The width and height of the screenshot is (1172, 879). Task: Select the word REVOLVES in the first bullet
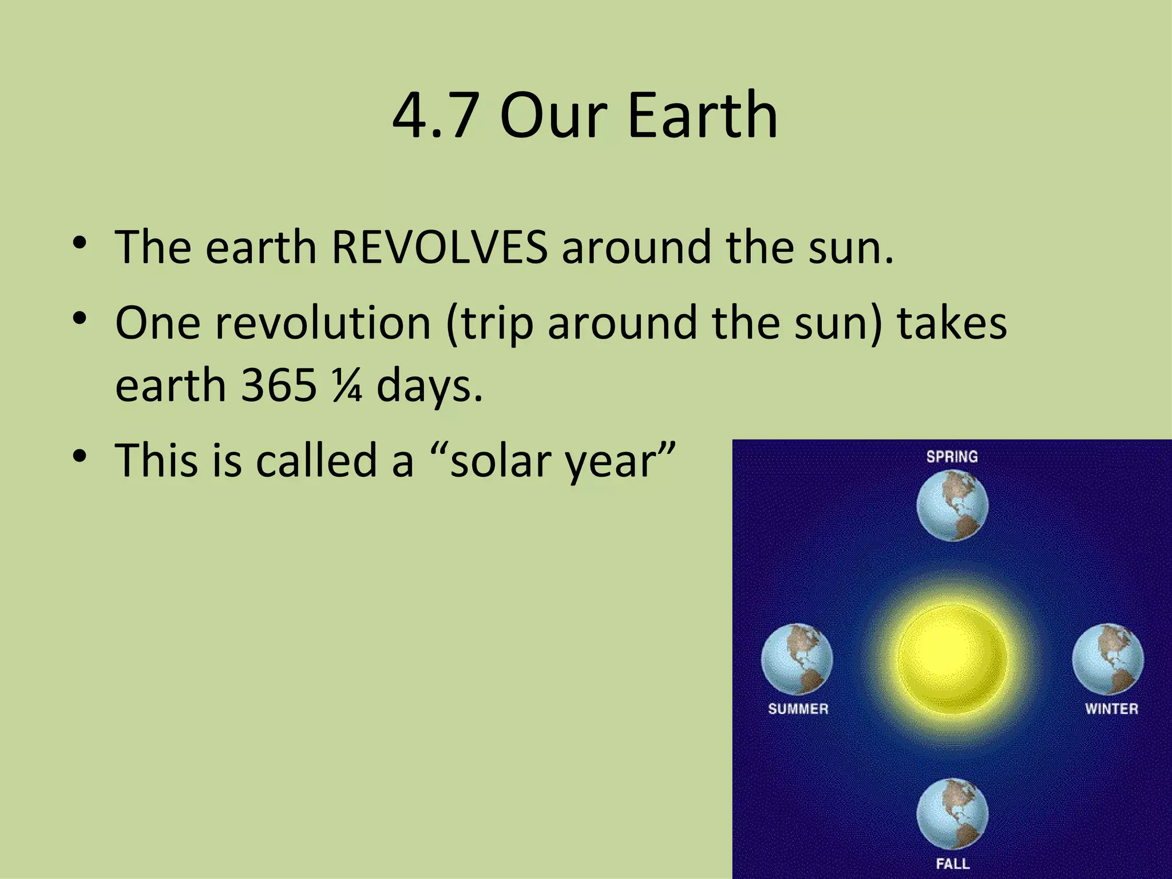coord(439,247)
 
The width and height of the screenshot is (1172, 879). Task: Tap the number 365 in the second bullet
coord(279,385)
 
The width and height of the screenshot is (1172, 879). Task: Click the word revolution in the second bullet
coord(322,323)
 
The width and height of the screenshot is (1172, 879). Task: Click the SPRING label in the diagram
coord(952,457)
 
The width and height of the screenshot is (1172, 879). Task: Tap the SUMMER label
coord(798,709)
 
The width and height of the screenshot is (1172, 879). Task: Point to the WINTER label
coord(1111,709)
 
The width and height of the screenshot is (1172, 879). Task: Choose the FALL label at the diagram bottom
coord(952,863)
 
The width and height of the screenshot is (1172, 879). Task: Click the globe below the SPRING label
coord(952,505)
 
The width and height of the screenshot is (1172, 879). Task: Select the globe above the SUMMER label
coord(797,659)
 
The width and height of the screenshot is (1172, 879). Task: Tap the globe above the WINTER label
coord(1108,659)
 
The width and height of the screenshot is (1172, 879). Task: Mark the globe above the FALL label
coord(952,814)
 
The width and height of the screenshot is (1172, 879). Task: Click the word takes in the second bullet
coord(952,323)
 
